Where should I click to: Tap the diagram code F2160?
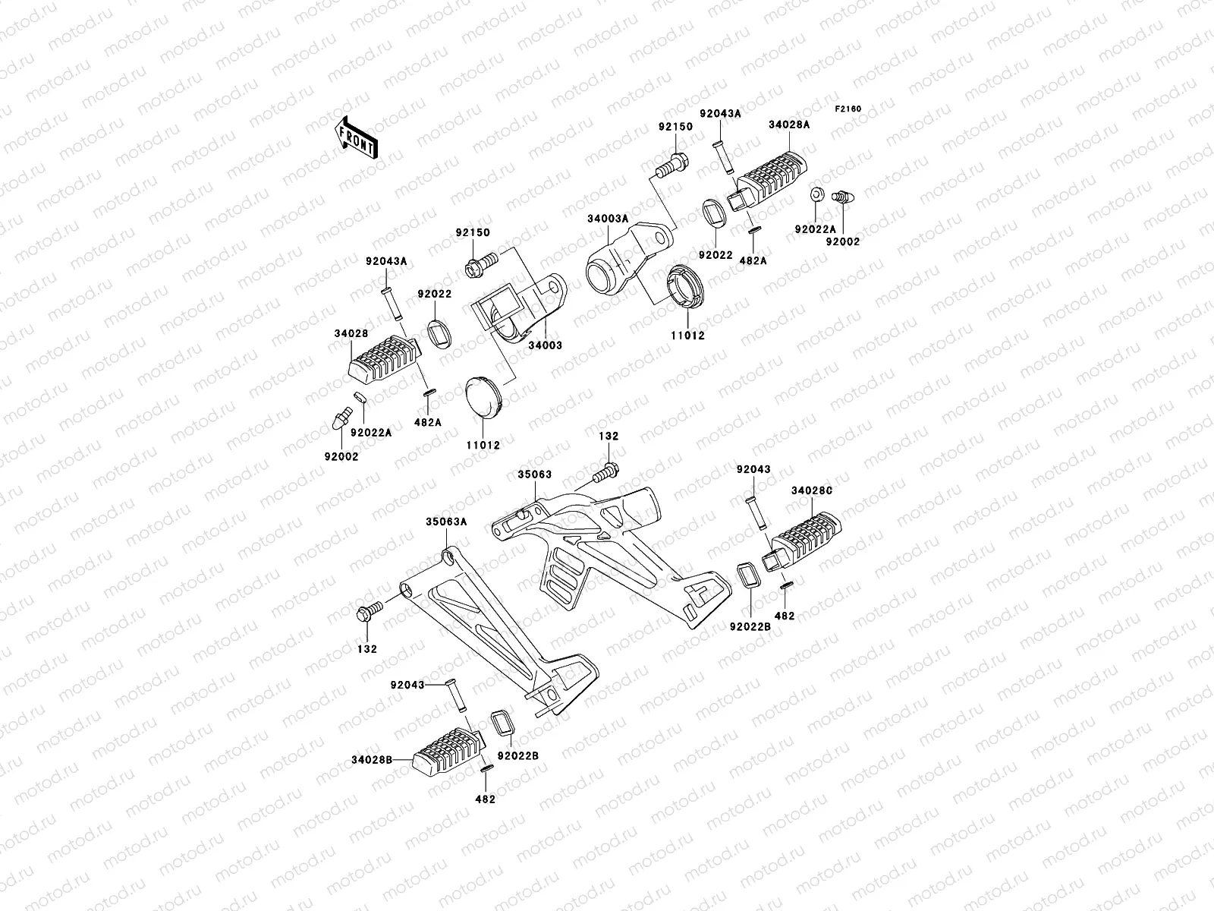pos(848,109)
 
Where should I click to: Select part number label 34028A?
pos(788,123)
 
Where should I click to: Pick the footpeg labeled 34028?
pos(384,361)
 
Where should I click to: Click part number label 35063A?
pos(446,522)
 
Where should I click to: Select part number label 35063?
pos(535,474)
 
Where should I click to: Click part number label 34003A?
pos(608,219)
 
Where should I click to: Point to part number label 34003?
pos(546,345)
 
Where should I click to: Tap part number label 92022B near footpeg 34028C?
pos(750,627)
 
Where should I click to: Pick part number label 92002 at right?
pos(843,241)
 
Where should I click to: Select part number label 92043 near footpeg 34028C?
pos(753,469)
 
